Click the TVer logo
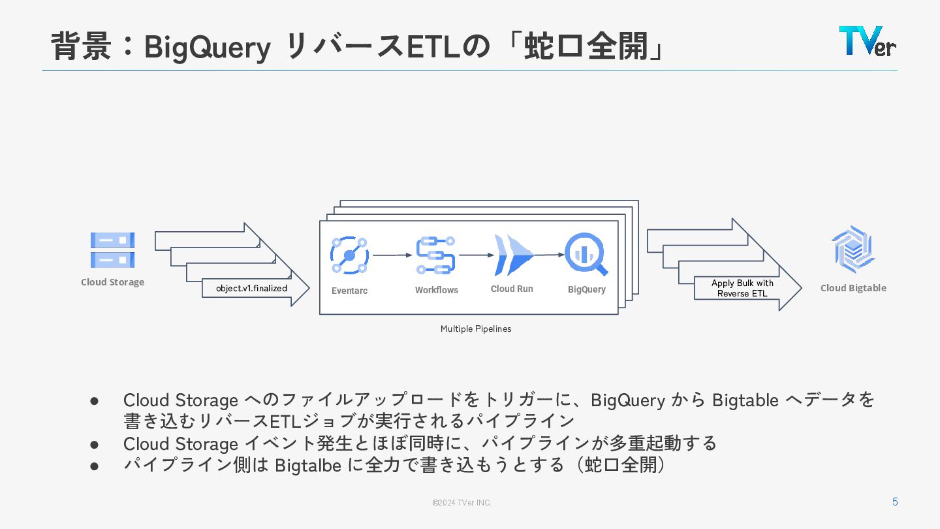[867, 41]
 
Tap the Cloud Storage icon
[112, 250]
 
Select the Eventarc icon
[349, 255]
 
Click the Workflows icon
[436, 255]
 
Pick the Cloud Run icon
[514, 255]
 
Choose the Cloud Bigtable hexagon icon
[853, 249]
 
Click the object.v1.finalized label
[251, 288]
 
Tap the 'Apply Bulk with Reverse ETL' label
[742, 288]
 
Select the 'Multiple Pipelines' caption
[476, 329]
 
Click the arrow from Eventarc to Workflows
[392, 255]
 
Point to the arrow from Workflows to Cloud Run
[476, 255]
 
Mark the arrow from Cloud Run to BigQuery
[549, 255]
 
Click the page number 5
[895, 502]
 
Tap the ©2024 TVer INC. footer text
[462, 503]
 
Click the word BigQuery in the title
[207, 47]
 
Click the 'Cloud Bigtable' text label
[853, 288]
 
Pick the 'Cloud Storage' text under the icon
[112, 282]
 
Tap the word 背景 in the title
[81, 47]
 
